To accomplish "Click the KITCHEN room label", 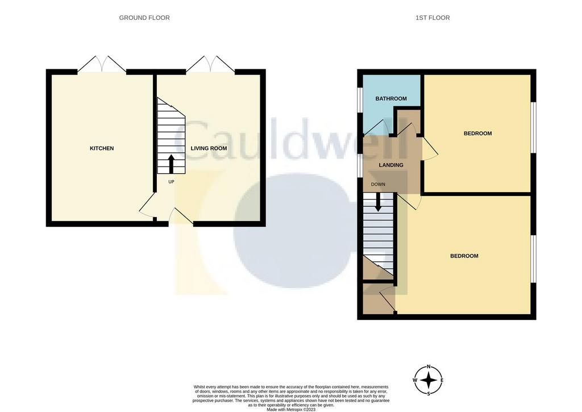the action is (x=102, y=148).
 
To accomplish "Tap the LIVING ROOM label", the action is (x=209, y=148).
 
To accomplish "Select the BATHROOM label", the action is (x=391, y=99).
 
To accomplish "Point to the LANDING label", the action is (x=391, y=165).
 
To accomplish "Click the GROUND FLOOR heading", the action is (x=144, y=18).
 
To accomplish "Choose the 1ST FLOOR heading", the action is (x=433, y=18).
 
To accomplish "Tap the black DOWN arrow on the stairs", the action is (x=378, y=202).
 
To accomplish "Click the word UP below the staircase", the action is (x=171, y=182).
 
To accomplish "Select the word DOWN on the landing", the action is (x=378, y=185).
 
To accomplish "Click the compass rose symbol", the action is (x=429, y=380).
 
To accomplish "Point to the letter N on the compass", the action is (x=429, y=367).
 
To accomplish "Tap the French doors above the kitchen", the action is (x=102, y=64).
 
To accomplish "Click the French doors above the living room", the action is (x=210, y=64).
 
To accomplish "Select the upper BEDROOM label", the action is (x=477, y=134).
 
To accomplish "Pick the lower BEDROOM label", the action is (x=464, y=256).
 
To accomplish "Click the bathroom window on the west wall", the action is (x=360, y=99).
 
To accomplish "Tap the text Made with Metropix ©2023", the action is (x=291, y=409).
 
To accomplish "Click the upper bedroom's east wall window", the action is (x=533, y=127).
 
